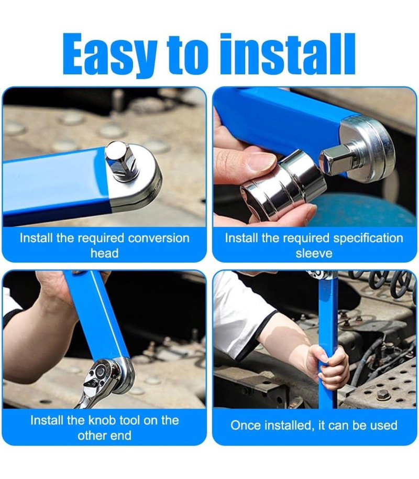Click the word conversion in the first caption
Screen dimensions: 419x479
click(x=159, y=238)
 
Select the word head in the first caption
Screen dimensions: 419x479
click(x=104, y=253)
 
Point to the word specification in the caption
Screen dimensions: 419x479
click(x=368, y=238)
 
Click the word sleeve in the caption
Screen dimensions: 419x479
click(x=314, y=253)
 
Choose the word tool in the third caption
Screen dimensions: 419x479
click(x=130, y=420)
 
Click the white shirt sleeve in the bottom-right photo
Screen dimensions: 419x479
click(x=240, y=310)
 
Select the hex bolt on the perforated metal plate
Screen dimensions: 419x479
click(x=384, y=395)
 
